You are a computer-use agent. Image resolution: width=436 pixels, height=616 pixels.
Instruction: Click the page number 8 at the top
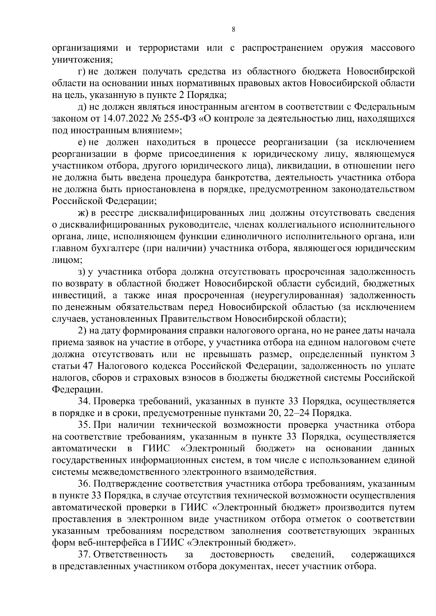pyautogui.click(x=233, y=30)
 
